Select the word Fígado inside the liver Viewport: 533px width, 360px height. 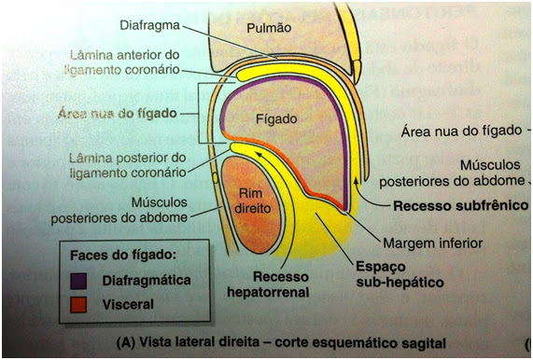coord(274,119)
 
